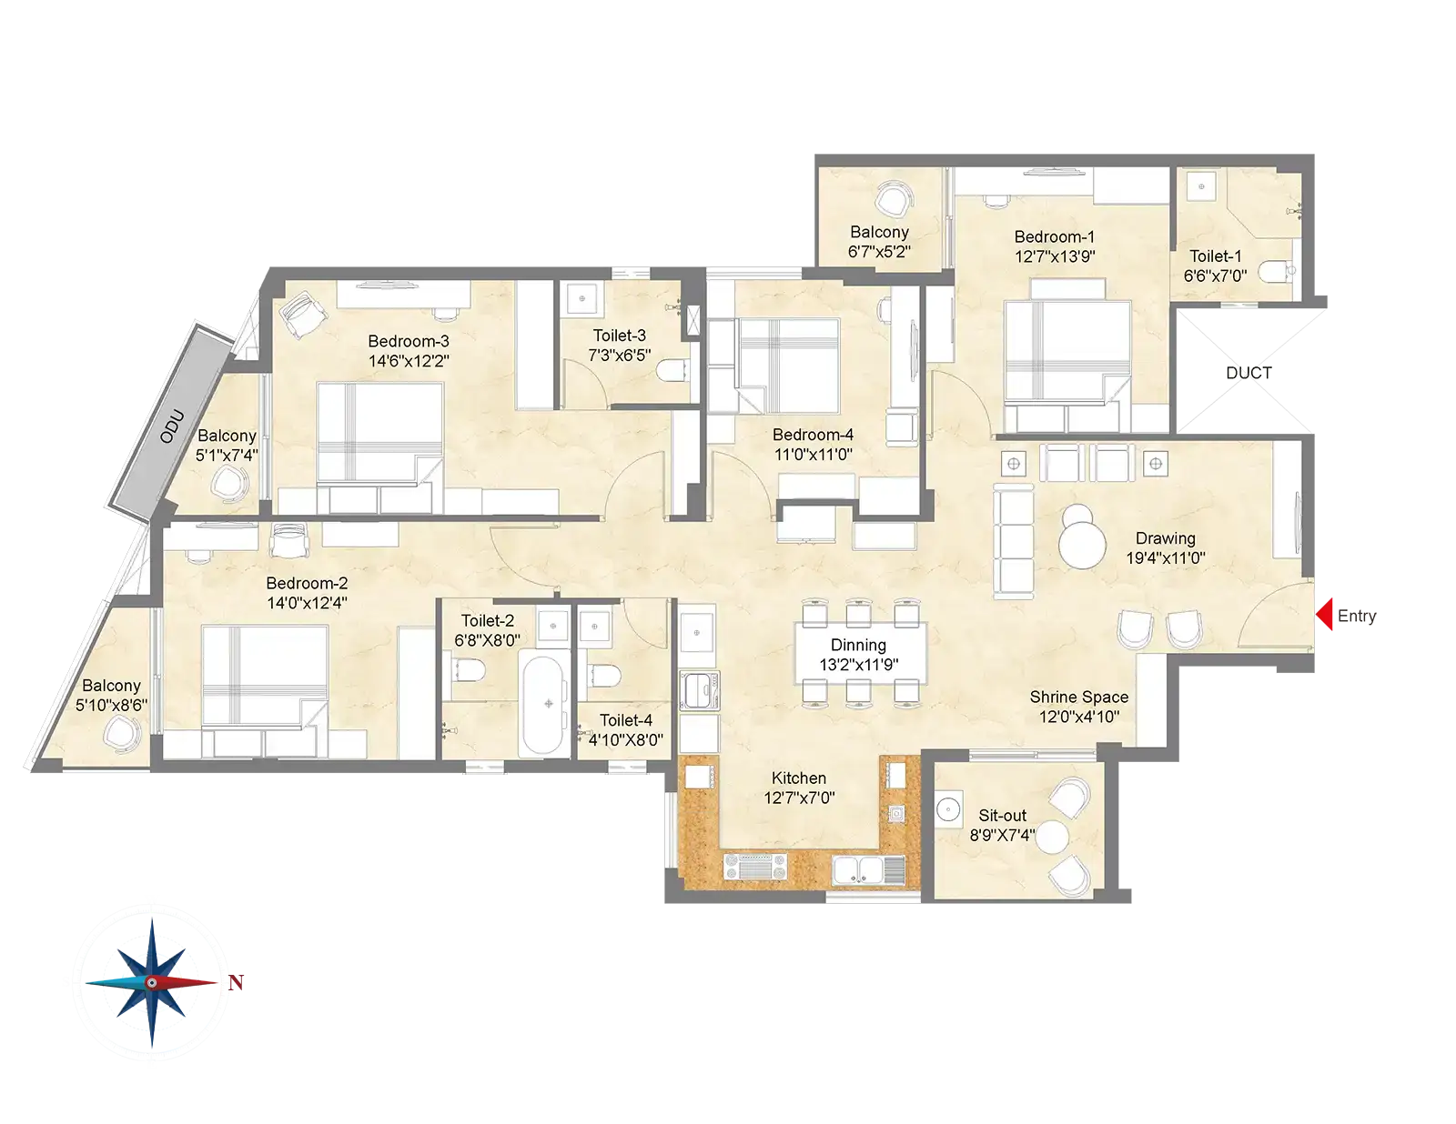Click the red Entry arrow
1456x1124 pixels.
point(1325,615)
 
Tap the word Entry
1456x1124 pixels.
point(1357,616)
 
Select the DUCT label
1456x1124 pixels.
point(1249,373)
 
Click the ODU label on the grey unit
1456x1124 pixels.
point(171,427)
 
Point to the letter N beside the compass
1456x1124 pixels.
point(235,983)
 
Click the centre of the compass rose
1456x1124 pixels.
point(152,983)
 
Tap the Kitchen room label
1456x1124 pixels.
point(799,778)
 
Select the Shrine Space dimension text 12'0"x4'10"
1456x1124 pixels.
point(1078,717)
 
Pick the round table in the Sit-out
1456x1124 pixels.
point(1052,838)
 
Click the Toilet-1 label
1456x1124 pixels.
point(1216,256)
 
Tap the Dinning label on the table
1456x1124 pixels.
point(858,645)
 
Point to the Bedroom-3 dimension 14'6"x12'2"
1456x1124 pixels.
point(409,360)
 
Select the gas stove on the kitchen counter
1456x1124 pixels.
point(755,867)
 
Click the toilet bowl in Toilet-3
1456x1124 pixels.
point(672,370)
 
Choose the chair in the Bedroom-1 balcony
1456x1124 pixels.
point(895,199)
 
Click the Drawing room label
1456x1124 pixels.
point(1165,538)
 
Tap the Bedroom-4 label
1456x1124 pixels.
point(813,435)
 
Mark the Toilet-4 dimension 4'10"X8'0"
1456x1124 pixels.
point(626,739)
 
